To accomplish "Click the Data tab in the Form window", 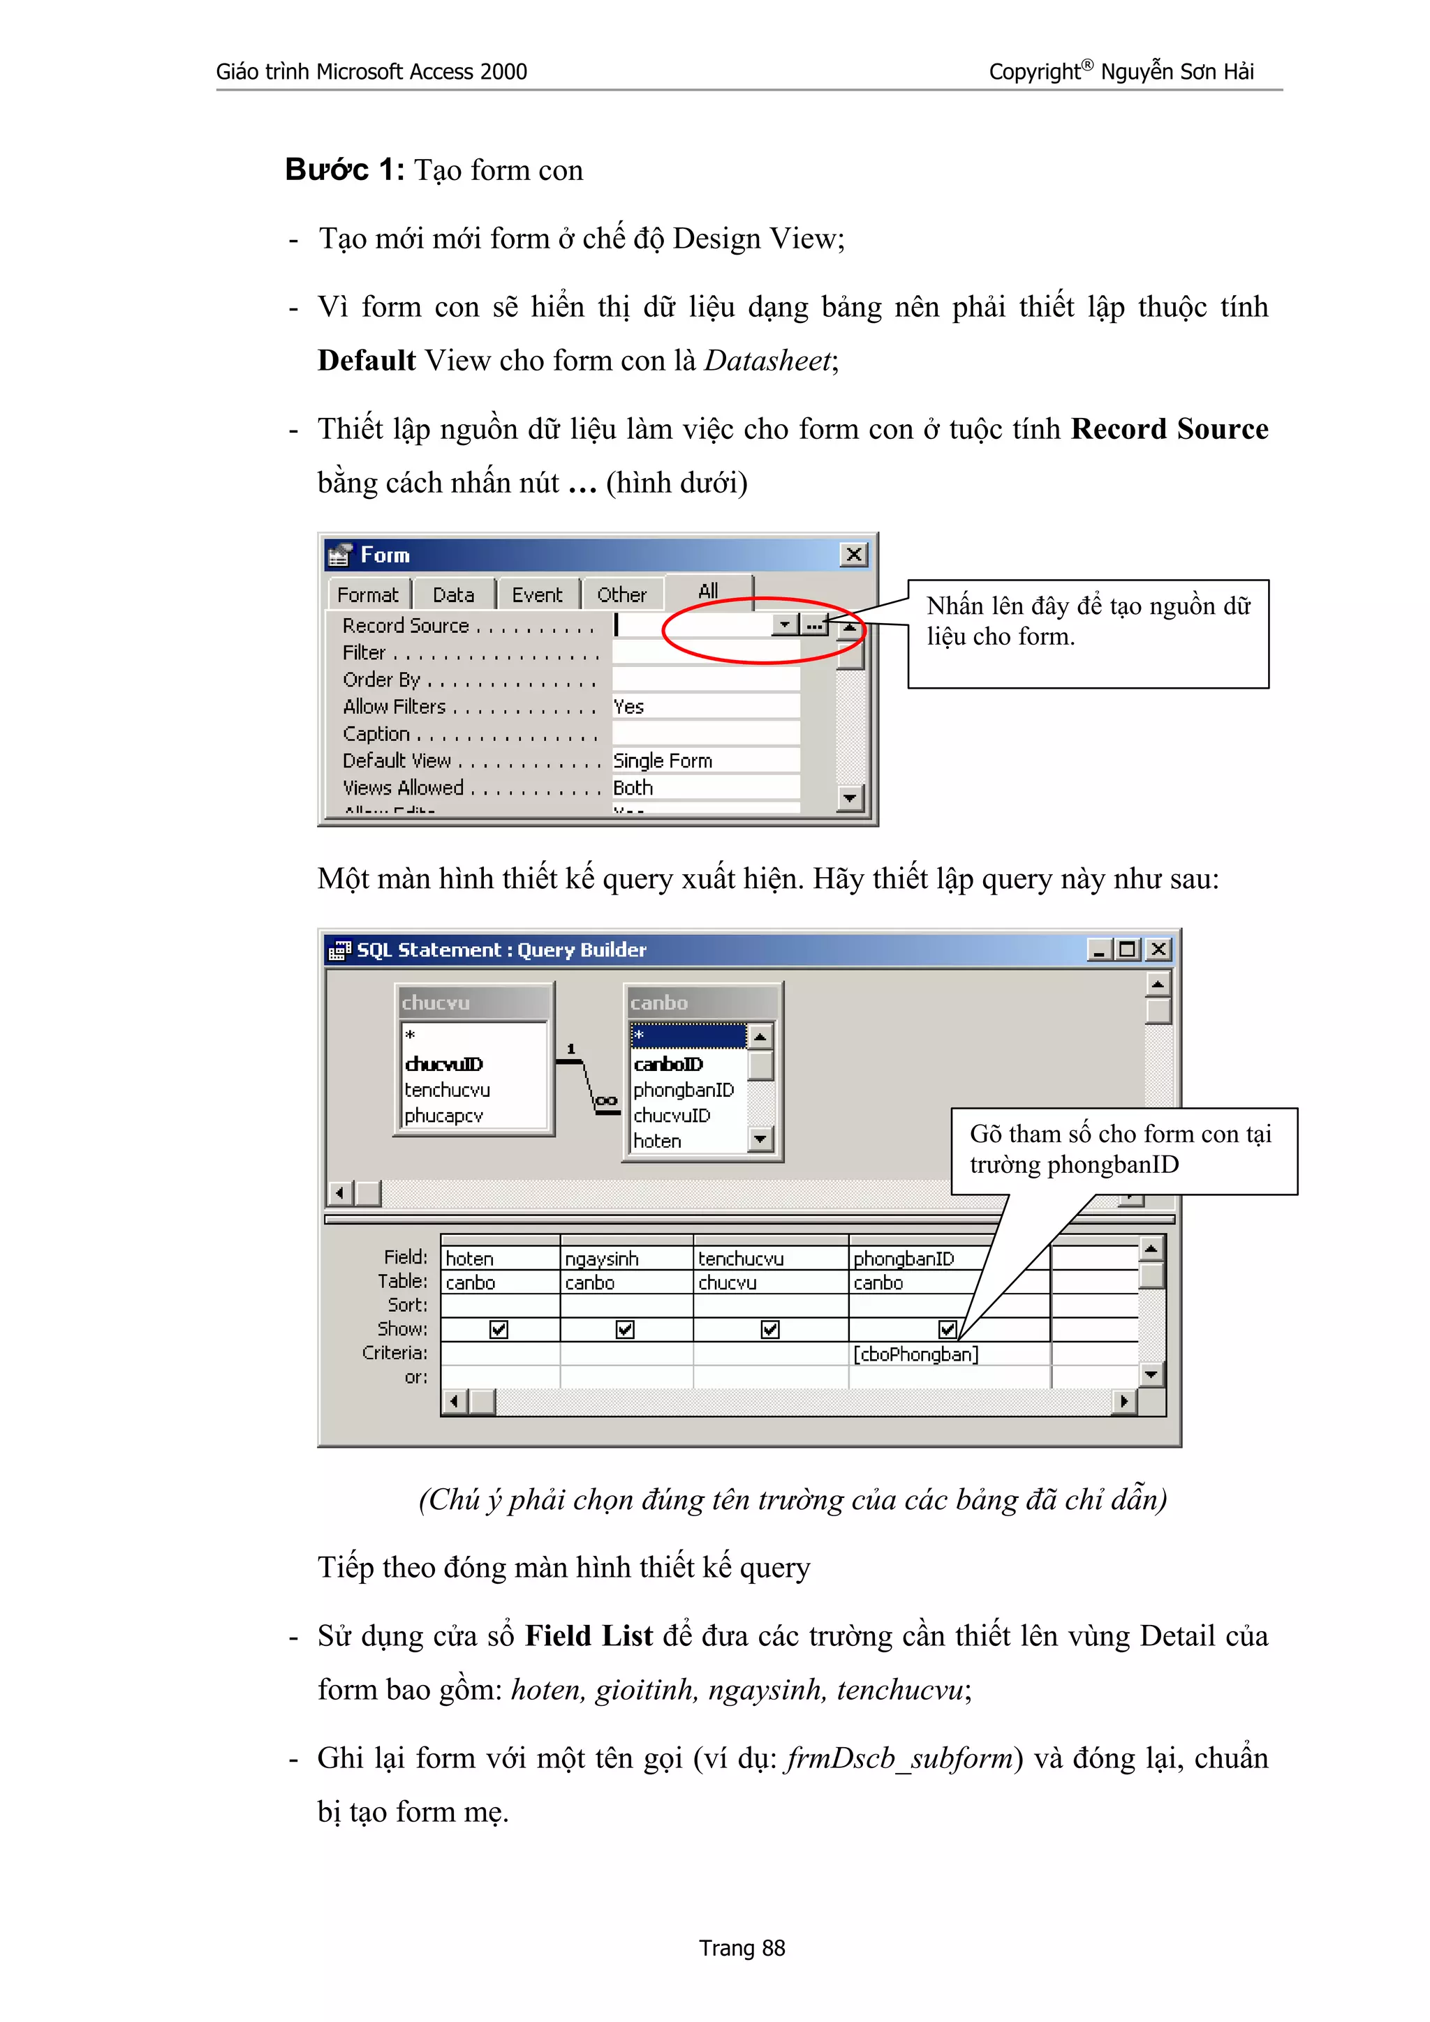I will (x=453, y=595).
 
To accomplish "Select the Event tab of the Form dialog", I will (x=536, y=595).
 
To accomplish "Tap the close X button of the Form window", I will (x=853, y=555).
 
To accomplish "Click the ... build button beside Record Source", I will (x=815, y=625).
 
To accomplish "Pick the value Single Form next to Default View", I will (x=663, y=761).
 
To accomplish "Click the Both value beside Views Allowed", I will (x=633, y=788).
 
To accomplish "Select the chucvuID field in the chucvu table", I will (x=444, y=1064).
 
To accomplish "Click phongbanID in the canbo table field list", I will (x=683, y=1091).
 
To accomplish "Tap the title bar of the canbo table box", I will (x=701, y=1003).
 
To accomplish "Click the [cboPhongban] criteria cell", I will (x=915, y=1354).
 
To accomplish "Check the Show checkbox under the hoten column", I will (x=499, y=1330).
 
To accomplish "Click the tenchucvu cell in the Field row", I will (x=741, y=1259).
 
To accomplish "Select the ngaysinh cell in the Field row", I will (x=602, y=1259).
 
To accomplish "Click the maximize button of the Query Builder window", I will (x=1127, y=950).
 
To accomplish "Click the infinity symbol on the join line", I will (x=605, y=1101).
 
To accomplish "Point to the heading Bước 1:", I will (x=344, y=170).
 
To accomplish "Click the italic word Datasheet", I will (x=767, y=361).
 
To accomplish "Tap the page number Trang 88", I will (x=741, y=1948).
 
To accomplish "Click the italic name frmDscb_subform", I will (x=899, y=1759).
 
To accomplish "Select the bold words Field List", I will (x=589, y=1636).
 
